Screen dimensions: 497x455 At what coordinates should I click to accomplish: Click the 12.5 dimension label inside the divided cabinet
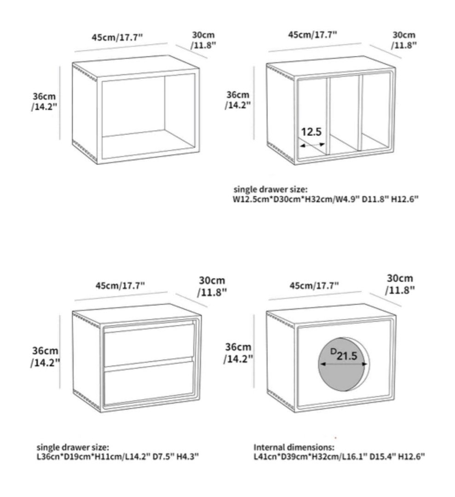(311, 132)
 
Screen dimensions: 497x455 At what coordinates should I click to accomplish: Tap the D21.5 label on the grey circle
(344, 355)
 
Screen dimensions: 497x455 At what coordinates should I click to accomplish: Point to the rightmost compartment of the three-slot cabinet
(375, 113)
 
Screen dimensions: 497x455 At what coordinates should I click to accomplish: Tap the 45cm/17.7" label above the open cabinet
(117, 37)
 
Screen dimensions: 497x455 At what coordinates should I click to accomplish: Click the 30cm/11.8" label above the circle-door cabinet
(400, 283)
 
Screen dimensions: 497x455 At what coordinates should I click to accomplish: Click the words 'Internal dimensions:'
(294, 447)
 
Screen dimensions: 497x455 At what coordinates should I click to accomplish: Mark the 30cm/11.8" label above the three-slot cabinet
(404, 40)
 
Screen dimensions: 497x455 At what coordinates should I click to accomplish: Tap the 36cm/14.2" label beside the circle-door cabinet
(238, 353)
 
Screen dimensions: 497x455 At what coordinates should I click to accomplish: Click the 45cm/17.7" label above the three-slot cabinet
(312, 35)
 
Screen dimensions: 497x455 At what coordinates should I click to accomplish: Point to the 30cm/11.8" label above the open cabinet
(203, 40)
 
